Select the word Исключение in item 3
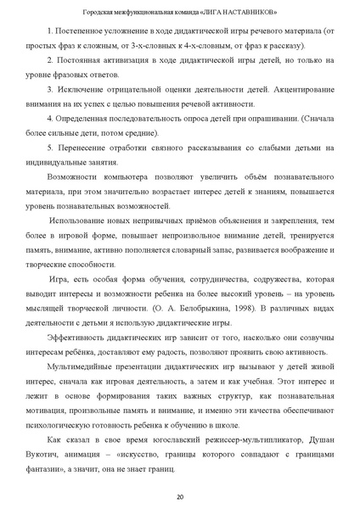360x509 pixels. [x=76, y=88]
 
